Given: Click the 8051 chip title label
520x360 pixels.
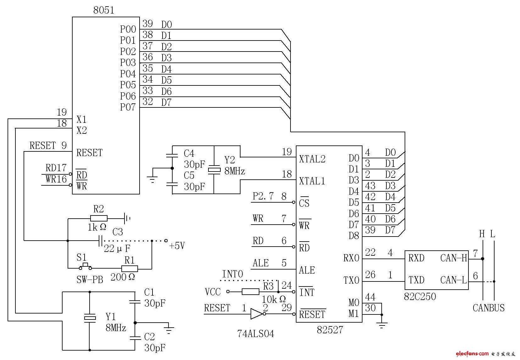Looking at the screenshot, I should tap(103, 10).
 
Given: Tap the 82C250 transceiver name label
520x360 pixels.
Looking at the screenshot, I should tap(420, 296).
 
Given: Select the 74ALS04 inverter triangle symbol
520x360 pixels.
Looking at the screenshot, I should tap(256, 314).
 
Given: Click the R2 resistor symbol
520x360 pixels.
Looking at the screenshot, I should tap(99, 218).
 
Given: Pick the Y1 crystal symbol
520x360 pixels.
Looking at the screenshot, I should tap(90, 318).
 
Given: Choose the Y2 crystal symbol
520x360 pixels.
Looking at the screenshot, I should tap(214, 170).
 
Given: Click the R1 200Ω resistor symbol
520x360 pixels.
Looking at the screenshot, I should tap(130, 269).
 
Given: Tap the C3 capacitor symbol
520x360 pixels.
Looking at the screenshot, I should tap(100, 241).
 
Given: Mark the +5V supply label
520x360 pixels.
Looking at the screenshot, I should tap(177, 246).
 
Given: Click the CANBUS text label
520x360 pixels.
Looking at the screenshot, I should tap(488, 308).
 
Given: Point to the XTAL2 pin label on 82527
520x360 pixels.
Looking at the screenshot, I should tap(312, 159).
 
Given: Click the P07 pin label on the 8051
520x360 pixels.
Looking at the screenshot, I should tap(128, 107).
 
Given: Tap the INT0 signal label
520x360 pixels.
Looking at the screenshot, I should tap(232, 274).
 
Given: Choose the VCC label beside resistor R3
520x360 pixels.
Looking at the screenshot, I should tap(213, 292).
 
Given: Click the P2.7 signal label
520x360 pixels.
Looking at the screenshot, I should tap(263, 196).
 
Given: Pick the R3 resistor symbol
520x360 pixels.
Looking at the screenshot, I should tap(251, 292).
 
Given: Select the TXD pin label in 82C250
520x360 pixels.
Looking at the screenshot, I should tap(416, 280).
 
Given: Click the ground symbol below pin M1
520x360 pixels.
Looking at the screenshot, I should tap(382, 325).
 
